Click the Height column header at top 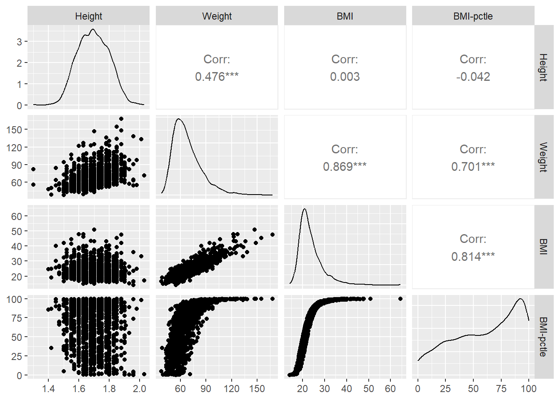88,16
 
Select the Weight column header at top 217,16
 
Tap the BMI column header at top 345,16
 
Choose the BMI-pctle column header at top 473,16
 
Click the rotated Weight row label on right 543,157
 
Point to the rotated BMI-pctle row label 543,337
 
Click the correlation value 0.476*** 217,77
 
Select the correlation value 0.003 345,77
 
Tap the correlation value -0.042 473,77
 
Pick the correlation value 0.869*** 345,167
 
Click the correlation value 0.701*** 473,167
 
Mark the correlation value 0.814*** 473,256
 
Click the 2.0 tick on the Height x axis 140,389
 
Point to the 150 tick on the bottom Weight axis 257,389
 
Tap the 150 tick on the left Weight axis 14,130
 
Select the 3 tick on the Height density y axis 19,42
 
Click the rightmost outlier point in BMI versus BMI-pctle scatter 400,299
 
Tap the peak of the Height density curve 93,29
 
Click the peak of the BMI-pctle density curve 520,299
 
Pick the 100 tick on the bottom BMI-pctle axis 529,389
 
